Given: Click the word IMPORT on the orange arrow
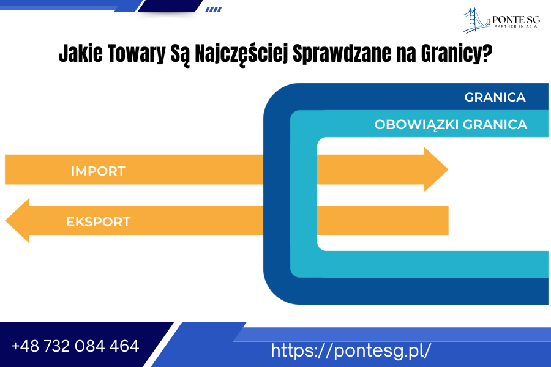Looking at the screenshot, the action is tap(98, 171).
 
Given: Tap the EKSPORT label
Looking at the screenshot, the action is tap(99, 222).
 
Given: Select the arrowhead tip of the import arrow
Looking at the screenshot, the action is tap(448, 169).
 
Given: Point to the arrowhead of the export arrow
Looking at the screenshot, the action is tap(17, 221).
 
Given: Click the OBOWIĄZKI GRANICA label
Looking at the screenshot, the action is tap(451, 125).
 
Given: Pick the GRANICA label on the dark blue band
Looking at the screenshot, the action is tap(495, 97).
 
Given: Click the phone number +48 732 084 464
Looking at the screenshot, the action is tap(75, 346).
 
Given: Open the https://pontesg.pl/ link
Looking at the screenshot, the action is tap(351, 350).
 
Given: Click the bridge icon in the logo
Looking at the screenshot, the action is tap(476, 20).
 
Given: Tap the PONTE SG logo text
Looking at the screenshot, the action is tap(516, 20).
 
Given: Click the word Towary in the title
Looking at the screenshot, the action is tap(137, 54).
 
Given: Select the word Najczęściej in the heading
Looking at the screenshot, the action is tap(241, 54).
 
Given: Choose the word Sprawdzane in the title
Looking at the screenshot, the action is tap(342, 54).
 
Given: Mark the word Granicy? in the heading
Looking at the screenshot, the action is tap(457, 54).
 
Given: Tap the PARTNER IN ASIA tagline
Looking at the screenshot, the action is tap(516, 26).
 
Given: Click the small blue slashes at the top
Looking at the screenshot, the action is tap(214, 9).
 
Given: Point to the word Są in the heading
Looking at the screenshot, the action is tap(180, 54).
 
